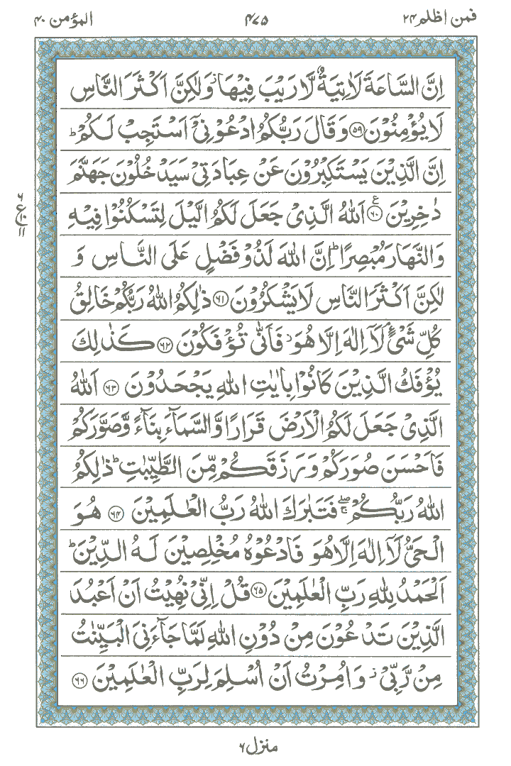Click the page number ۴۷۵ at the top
[x=257, y=20]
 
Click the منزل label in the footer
[x=254, y=746]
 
